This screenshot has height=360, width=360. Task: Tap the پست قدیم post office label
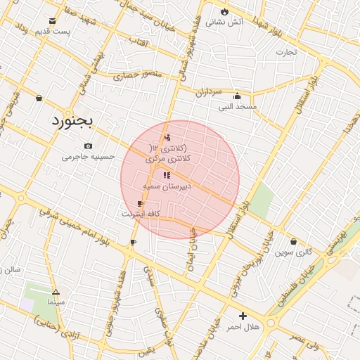(53, 31)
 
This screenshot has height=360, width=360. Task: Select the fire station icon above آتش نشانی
(224, 12)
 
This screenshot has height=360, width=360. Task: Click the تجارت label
(286, 51)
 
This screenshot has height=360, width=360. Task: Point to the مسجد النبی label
(238, 107)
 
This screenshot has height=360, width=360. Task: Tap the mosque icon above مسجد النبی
(237, 96)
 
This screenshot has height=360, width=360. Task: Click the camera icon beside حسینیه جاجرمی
(88, 146)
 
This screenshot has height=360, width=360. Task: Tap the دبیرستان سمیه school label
(167, 187)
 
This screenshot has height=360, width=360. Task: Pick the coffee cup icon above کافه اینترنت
(140, 203)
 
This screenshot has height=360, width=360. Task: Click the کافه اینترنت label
(141, 213)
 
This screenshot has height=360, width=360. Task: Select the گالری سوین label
(293, 251)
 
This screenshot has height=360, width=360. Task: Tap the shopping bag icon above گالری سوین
(293, 241)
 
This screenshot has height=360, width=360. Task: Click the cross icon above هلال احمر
(243, 316)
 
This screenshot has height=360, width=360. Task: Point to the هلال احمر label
(243, 327)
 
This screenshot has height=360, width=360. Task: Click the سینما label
(55, 301)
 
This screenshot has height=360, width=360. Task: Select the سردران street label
(208, 91)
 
